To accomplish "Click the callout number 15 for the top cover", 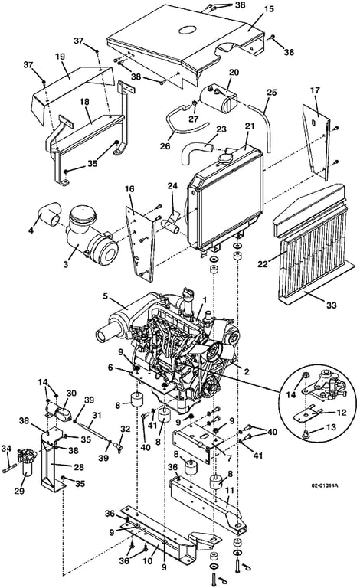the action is coord(269,8).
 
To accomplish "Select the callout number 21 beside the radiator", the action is coord(250,126).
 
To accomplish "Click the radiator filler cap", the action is coord(227,155).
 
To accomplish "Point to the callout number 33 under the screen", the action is coord(332,305).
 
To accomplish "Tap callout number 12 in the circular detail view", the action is coord(342,412).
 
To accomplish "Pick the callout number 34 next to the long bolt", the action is coord(6,448).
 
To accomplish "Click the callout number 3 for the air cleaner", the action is coord(66,264).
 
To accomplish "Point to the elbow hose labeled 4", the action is coord(51,214).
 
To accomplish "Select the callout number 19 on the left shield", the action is coord(60,57).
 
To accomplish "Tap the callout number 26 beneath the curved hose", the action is coord(165,146).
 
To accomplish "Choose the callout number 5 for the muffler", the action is coord(106,296).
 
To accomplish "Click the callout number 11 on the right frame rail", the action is coord(229,491).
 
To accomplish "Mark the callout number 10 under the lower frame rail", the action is coord(148,561).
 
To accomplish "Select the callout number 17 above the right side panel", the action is coord(315,90).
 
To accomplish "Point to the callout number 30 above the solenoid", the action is coord(71,393).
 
